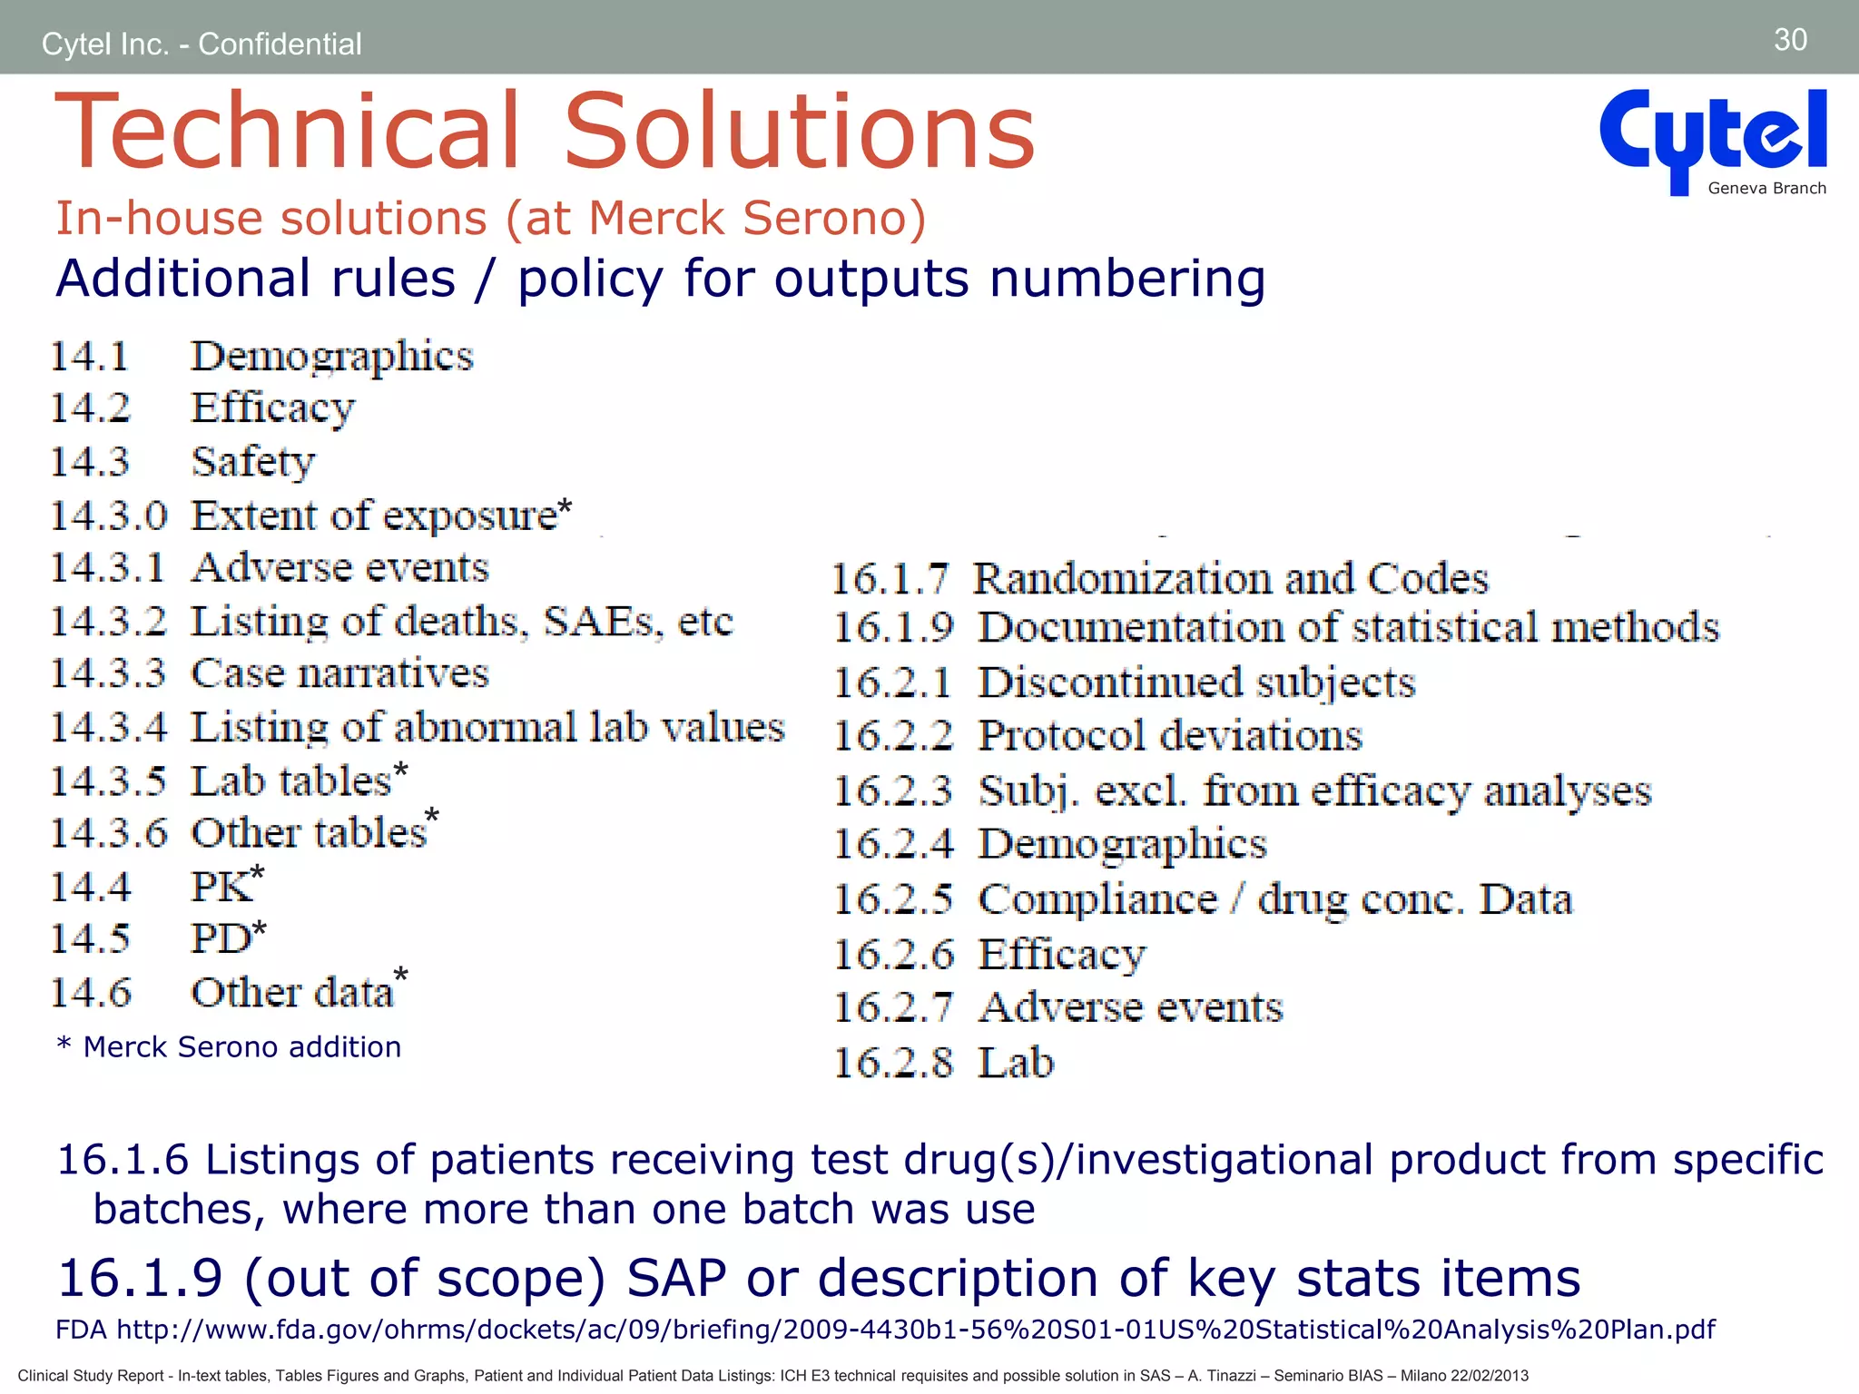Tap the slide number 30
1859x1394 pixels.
[1790, 40]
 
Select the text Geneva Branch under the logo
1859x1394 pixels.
[1766, 189]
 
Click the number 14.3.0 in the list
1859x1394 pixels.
[109, 515]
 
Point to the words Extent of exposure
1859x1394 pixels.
[374, 515]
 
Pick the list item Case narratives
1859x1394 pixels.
[339, 673]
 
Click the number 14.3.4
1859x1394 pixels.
[109, 727]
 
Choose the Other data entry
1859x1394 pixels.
[292, 992]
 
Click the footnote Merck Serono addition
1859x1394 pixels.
[241, 1047]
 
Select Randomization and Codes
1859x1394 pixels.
[1231, 579]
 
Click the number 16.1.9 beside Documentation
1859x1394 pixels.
[893, 628]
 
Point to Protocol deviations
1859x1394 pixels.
[1170, 735]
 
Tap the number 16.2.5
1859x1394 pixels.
[893, 899]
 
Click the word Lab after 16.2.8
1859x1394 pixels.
[1016, 1063]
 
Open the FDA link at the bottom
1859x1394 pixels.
[916, 1330]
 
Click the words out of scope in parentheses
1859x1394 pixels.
[424, 1278]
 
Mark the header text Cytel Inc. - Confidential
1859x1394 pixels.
[202, 44]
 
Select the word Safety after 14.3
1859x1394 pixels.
[253, 462]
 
